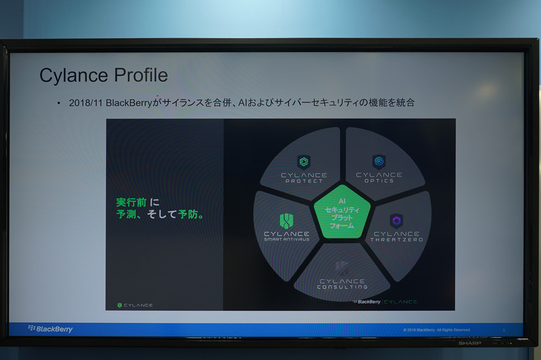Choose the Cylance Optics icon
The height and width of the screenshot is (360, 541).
coord(379,161)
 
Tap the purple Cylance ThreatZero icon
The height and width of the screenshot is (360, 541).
coord(396,221)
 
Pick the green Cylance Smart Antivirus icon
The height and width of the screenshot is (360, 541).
coord(286,221)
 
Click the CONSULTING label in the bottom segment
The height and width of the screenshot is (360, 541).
coord(342,287)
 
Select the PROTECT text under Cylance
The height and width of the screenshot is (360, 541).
coord(304,181)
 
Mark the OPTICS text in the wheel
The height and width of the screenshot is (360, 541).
coord(379,181)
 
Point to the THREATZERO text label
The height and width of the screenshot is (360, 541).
coord(396,240)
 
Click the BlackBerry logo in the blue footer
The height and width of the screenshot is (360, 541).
coord(51,329)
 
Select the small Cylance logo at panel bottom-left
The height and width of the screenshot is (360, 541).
coord(135,305)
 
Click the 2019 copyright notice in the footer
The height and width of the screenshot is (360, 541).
coord(437,330)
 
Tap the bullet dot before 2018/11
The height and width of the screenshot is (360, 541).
coord(59,104)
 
